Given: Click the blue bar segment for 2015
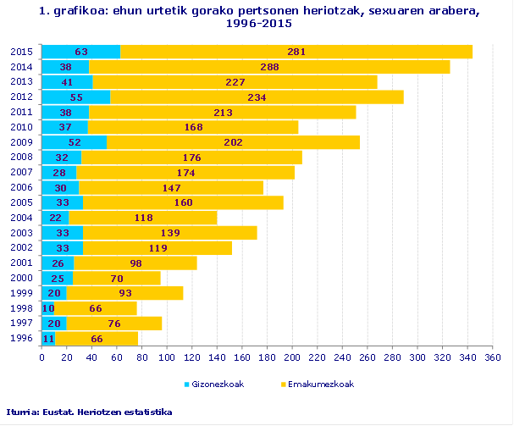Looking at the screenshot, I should point(81,52).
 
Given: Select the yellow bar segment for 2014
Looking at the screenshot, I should point(269,67).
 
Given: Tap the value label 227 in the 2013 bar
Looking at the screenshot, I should point(235,82).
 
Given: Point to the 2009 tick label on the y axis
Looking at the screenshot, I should point(21,142).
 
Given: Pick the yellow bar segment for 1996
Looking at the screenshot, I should point(97,339).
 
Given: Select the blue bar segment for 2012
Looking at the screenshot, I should point(76,97).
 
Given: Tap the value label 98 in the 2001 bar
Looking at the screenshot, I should point(135,263).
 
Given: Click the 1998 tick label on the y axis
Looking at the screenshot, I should point(21,308).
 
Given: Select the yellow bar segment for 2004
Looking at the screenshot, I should point(143,218).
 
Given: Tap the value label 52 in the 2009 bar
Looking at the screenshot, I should point(75,142).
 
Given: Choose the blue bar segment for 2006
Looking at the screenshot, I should point(60,188).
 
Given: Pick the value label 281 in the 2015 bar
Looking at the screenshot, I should point(296,52).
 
